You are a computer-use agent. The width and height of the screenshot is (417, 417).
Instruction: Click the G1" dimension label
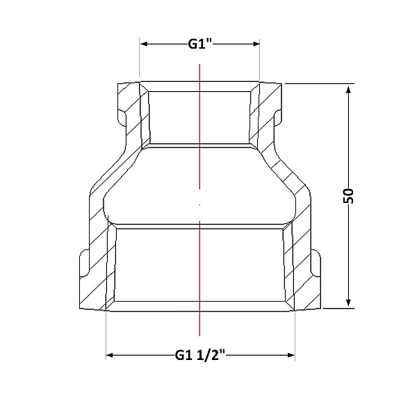pyautogui.click(x=199, y=44)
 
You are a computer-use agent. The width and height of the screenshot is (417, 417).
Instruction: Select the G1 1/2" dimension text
pyautogui.click(x=200, y=355)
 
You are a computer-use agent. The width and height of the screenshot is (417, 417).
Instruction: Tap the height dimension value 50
pyautogui.click(x=349, y=196)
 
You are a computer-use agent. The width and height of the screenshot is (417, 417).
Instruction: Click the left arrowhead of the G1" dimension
pyautogui.click(x=144, y=44)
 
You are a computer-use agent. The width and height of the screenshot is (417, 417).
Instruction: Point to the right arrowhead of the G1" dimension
pyautogui.click(x=256, y=44)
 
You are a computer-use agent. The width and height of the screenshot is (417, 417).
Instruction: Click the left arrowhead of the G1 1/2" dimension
pyautogui.click(x=110, y=355)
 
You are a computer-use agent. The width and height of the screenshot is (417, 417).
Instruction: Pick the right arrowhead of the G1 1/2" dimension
pyautogui.click(x=291, y=355)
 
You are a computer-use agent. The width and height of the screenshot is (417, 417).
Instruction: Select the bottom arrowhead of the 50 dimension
pyautogui.click(x=349, y=302)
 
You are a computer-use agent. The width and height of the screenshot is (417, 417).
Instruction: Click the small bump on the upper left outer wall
pyautogui.click(x=122, y=117)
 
